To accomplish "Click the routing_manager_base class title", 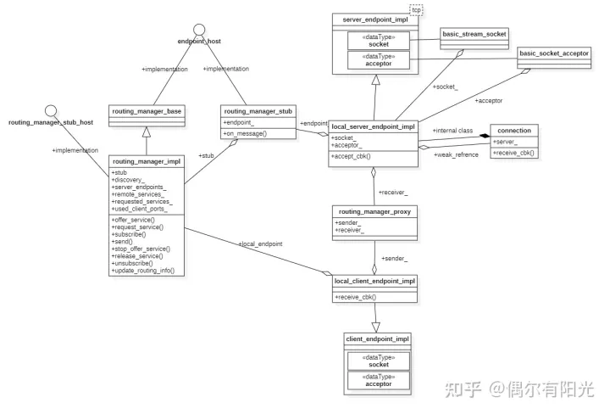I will [147, 111].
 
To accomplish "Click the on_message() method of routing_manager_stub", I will [246, 134].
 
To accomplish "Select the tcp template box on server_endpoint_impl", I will [416, 10].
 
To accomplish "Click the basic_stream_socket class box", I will [474, 35].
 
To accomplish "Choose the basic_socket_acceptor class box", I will [553, 53].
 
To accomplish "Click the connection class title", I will [514, 131].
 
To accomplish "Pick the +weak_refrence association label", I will [456, 154].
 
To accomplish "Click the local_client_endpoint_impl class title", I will [374, 281].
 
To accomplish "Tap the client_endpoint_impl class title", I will [378, 339].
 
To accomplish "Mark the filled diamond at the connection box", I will [485, 135].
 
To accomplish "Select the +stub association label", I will [206, 155].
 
